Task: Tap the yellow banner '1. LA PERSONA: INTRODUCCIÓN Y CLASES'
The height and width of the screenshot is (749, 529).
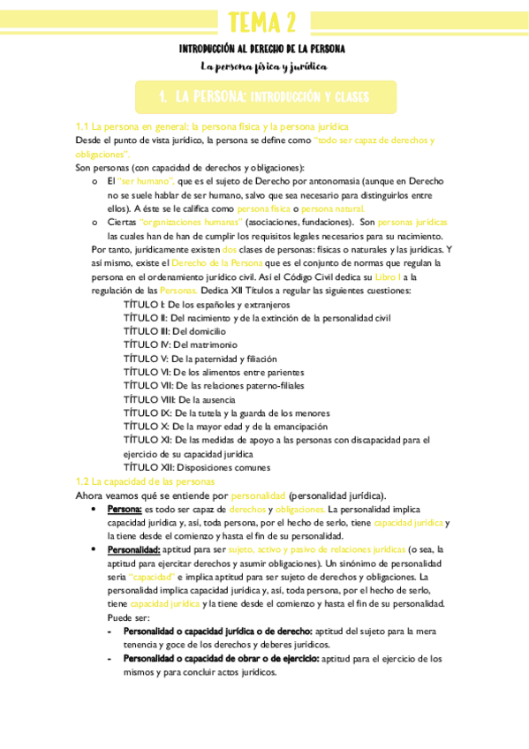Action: point(263,96)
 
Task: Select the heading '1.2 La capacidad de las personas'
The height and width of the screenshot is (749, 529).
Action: point(145,481)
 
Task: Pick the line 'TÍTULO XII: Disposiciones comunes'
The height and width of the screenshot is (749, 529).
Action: point(197,467)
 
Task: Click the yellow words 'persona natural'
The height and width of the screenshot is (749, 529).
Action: point(332,208)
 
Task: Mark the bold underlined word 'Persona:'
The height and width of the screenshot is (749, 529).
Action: point(125,510)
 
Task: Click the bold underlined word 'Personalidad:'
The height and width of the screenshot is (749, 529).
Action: point(135,549)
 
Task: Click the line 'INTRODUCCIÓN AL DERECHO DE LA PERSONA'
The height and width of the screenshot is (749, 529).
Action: point(262,49)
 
